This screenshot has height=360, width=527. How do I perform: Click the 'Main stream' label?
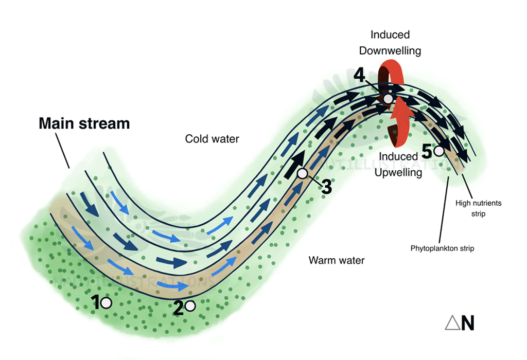(x=84, y=124)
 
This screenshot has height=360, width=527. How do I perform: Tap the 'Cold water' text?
(x=212, y=139)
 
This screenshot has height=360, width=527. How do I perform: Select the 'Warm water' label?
(x=337, y=260)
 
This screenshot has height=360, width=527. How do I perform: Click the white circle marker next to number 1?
(x=106, y=303)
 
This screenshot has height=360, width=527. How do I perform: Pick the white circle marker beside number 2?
(x=190, y=306)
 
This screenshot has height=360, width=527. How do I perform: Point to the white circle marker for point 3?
(x=303, y=174)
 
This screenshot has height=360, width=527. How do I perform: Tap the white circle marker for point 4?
(x=388, y=99)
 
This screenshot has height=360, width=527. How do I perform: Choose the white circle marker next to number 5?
(x=438, y=151)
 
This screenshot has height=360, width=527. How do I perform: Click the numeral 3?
(x=326, y=187)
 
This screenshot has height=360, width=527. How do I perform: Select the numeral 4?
(x=359, y=75)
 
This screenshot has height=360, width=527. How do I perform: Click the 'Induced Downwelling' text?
(x=390, y=43)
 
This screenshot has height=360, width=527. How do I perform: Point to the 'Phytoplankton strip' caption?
(x=442, y=248)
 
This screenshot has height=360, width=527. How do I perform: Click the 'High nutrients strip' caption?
(x=479, y=208)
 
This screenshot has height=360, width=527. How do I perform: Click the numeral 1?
(x=95, y=303)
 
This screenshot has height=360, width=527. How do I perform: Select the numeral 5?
(x=427, y=151)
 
